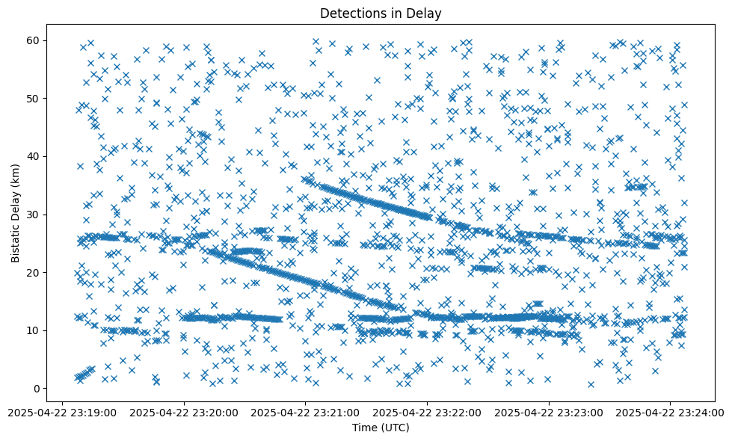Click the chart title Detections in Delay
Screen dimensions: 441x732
381,13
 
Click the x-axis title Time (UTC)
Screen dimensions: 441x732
381,428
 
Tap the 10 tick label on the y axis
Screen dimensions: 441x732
34,330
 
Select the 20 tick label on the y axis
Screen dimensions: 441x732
34,272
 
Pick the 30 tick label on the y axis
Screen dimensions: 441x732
34,215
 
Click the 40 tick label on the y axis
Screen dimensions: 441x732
34,156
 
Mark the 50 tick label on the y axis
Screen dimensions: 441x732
34,99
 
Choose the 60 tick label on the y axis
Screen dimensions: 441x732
34,40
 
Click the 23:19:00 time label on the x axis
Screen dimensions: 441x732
62,411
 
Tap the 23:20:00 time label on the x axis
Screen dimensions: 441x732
184,411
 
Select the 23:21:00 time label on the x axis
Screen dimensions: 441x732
306,411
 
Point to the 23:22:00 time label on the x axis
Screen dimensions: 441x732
428,411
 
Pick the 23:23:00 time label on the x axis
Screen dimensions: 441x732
550,411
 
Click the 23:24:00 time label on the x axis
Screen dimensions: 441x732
671,411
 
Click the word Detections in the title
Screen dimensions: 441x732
351,13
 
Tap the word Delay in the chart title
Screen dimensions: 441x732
426,13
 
